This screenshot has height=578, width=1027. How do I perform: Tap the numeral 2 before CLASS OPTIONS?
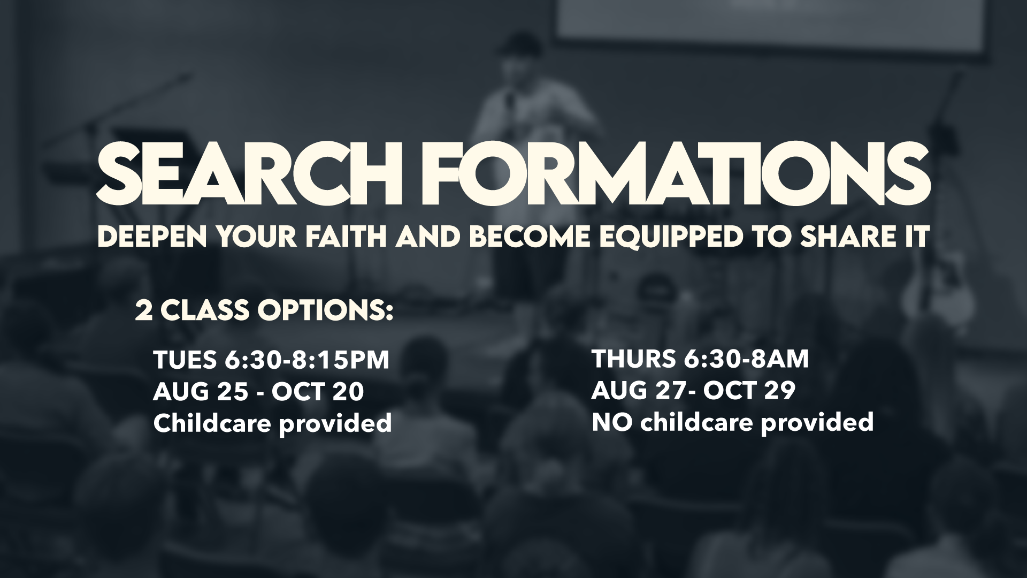143,311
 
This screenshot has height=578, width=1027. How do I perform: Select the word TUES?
183,360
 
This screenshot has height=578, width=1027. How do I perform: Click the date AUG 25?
201,392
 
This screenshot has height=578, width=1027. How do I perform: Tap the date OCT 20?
318,392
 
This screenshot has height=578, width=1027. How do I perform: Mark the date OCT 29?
749,391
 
